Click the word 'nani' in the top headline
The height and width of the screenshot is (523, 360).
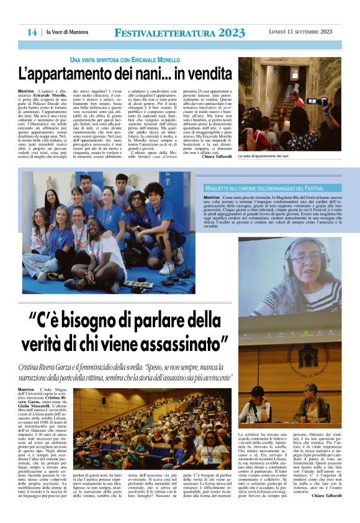click(x=143, y=73)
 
